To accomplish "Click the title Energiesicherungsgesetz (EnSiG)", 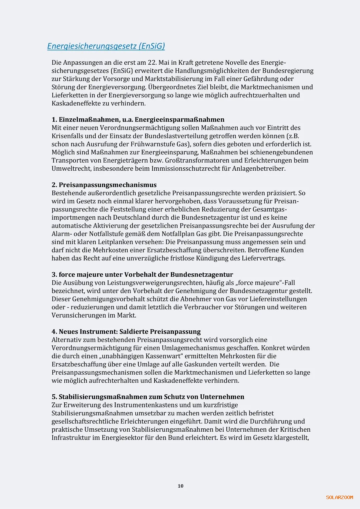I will [106, 46].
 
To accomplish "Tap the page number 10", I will [180, 486].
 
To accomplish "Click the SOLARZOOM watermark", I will [339, 497].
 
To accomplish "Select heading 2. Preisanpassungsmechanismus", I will [104, 185].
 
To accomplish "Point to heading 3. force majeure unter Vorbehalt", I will [142, 275].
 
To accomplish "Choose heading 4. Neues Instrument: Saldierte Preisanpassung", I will [126, 332].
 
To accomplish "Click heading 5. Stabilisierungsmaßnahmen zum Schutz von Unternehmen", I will [148, 397].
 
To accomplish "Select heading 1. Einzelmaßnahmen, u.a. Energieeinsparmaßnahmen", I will [138, 120].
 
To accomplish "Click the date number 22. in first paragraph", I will [152, 63].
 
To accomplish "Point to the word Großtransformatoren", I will [197, 160].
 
